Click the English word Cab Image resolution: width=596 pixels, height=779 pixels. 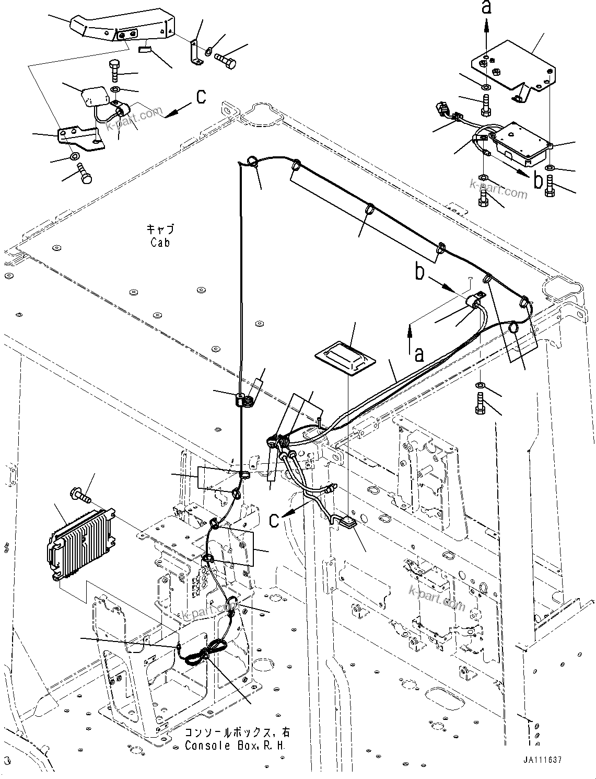[160, 243]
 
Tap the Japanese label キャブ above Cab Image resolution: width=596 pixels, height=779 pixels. [160, 230]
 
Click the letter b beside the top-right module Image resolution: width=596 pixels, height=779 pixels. [538, 180]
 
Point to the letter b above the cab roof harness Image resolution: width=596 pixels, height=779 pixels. [419, 272]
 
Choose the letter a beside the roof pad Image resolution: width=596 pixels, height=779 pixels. [418, 355]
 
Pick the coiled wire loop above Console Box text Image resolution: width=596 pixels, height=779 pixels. [201, 655]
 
